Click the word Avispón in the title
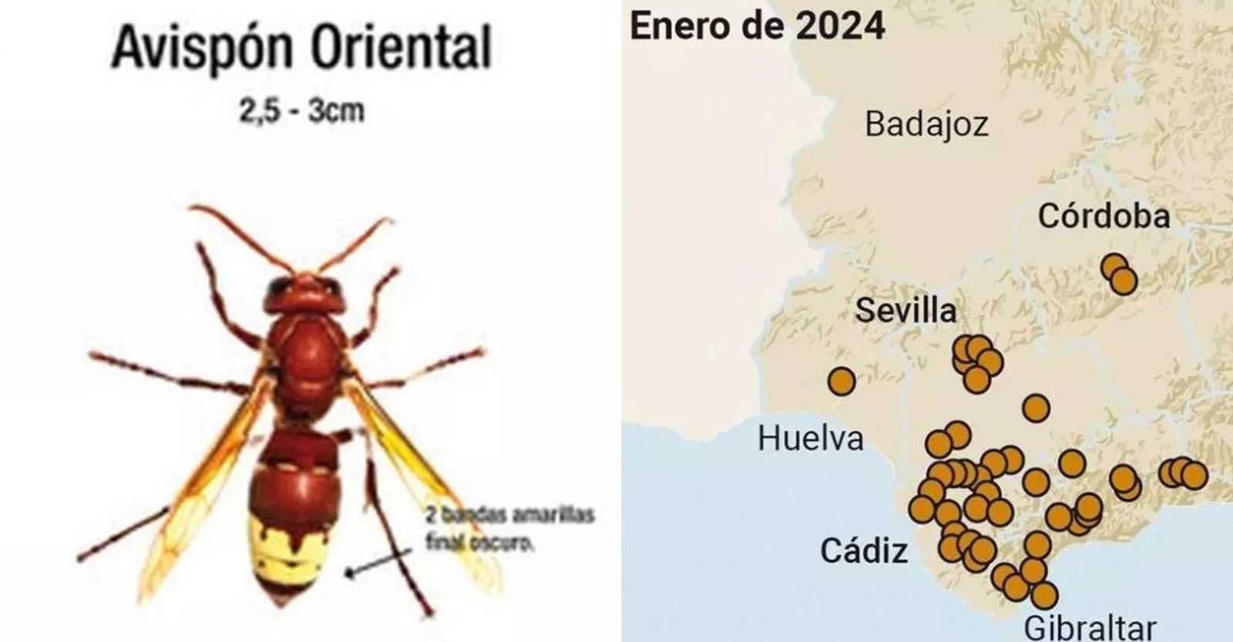(202, 48)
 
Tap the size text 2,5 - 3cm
(301, 112)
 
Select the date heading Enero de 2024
(758, 26)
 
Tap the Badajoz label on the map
(926, 124)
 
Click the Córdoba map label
(1104, 216)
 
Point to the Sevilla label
(905, 311)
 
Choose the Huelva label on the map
(810, 439)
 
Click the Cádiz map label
(863, 551)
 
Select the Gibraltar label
(1090, 627)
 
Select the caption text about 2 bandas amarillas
(509, 528)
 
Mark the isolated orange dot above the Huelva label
(841, 381)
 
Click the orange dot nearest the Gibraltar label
(1043, 594)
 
